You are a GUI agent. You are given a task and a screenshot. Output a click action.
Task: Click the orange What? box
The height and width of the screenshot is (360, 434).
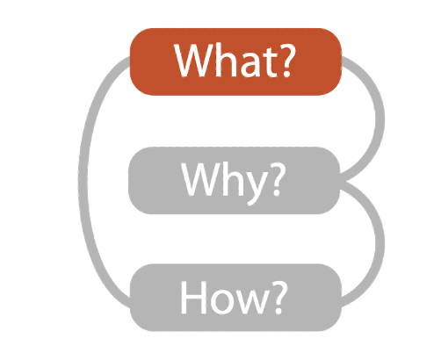point(235,61)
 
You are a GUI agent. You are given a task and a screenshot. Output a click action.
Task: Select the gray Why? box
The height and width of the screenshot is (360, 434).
point(235,180)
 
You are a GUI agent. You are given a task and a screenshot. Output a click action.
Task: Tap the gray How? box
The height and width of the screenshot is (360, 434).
point(235,298)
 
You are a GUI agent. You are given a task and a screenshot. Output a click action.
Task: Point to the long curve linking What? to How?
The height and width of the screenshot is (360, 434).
point(83,182)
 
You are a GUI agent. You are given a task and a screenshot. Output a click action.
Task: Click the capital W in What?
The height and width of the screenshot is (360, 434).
point(194,61)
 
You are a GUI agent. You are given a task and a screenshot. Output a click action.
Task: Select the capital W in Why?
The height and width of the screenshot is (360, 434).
point(201,179)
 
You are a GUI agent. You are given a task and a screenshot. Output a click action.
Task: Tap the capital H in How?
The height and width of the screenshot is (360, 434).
point(192,298)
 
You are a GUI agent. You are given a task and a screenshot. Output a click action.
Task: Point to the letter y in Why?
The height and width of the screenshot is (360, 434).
point(256,188)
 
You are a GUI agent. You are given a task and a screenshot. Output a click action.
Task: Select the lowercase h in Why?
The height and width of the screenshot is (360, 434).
point(233,178)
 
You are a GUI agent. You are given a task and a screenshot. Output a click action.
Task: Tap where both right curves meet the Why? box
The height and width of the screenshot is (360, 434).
point(342,178)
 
